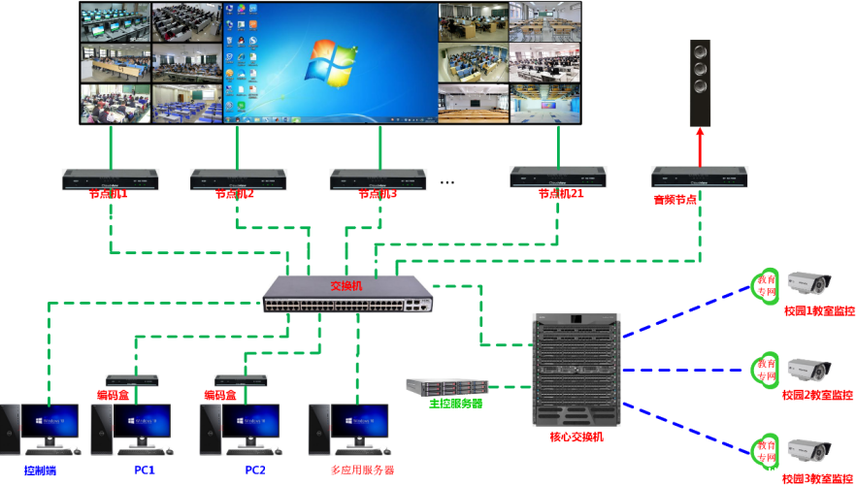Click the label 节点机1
point(109,194)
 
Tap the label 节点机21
point(560,194)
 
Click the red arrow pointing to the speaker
point(700,146)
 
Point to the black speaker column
point(700,83)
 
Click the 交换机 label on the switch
point(346,286)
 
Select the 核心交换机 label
point(576,437)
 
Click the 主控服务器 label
point(456,404)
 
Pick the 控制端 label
point(41,470)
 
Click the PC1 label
point(145,470)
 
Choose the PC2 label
point(254,470)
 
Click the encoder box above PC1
point(133,379)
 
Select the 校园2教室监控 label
point(818,395)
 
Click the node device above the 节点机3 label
point(378,178)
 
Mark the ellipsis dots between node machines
point(447,181)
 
